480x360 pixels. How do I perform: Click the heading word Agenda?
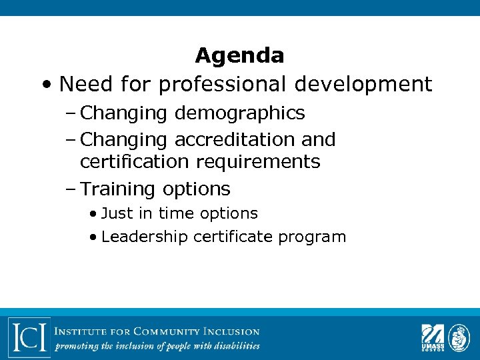point(239,55)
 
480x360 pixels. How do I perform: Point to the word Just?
point(117,213)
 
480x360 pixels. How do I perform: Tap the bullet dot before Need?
point(45,85)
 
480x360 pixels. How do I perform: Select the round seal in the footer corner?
point(459,336)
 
